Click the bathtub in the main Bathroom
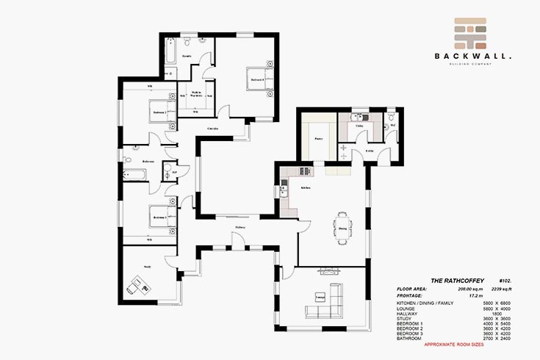(137, 174)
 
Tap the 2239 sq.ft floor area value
(490, 289)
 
